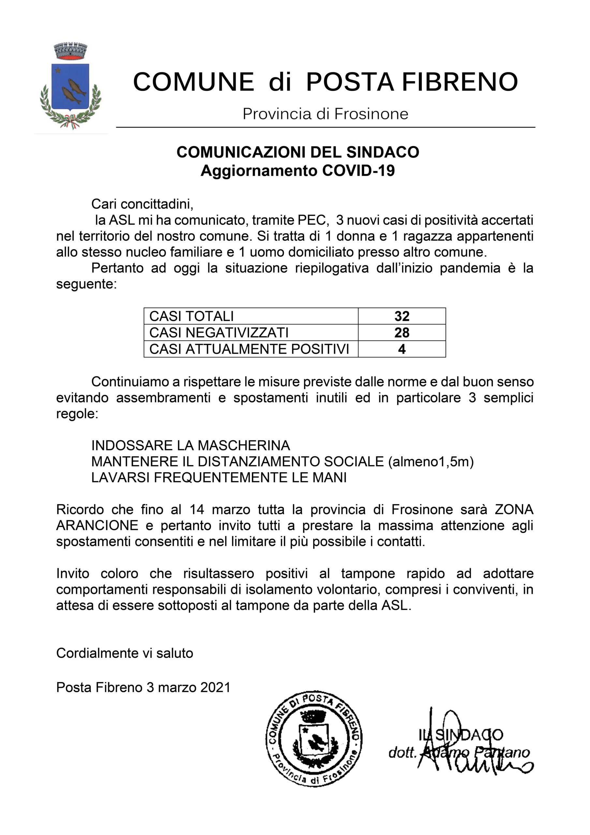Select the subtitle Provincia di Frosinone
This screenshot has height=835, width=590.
[325, 114]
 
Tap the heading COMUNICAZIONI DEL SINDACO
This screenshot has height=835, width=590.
[298, 152]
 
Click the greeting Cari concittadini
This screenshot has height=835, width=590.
[142, 204]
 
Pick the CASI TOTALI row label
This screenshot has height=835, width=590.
[192, 316]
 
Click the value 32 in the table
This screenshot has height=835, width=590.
[402, 316]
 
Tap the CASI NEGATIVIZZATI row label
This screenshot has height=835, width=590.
[219, 332]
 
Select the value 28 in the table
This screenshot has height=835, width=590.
[402, 332]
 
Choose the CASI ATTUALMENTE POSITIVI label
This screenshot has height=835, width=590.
[249, 349]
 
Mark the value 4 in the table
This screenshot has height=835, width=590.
[402, 349]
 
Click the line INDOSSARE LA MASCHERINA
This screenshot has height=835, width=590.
[190, 446]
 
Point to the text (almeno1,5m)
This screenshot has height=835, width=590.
[431, 462]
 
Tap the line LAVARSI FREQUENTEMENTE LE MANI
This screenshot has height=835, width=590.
[219, 478]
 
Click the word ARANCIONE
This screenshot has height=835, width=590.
[97, 525]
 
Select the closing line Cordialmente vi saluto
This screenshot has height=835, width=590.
[125, 653]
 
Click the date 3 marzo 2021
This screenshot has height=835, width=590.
[188, 687]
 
